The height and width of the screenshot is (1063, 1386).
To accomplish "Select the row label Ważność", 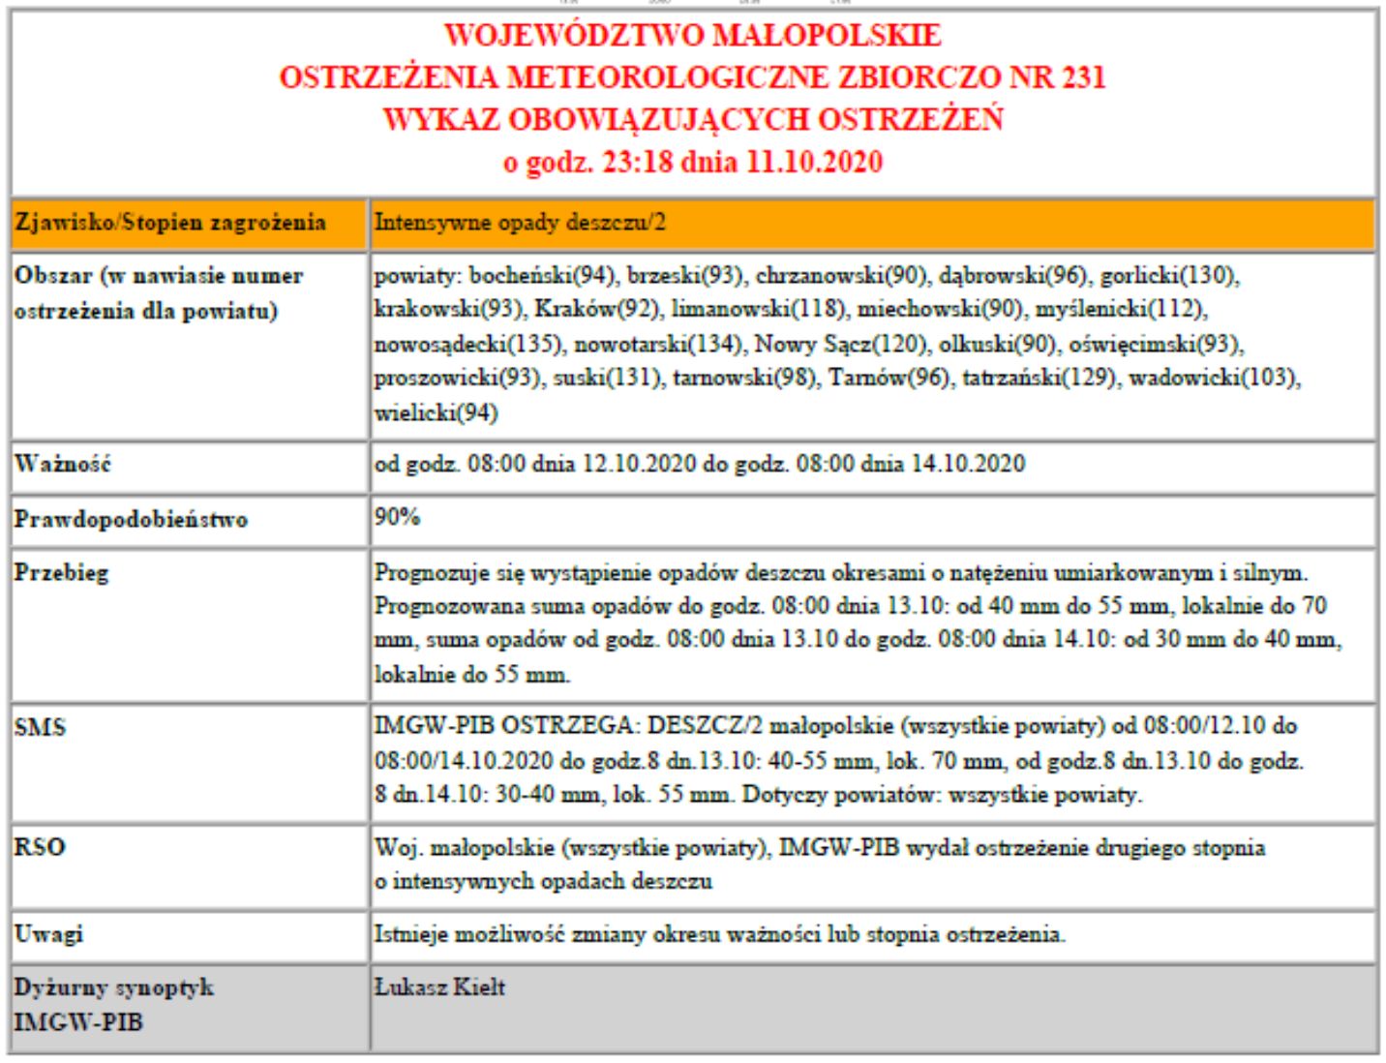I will point(63,464).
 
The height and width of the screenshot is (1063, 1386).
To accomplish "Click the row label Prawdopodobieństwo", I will point(131,520).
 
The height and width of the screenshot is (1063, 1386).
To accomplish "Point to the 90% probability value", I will point(397,517).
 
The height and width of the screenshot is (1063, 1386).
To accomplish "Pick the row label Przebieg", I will point(61,572).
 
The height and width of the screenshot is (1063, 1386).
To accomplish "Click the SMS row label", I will point(40,727).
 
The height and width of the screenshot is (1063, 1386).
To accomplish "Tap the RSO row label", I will point(40,847).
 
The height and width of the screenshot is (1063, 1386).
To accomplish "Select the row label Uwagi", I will point(48,934).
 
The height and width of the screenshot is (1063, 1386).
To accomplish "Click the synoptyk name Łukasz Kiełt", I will point(439,987).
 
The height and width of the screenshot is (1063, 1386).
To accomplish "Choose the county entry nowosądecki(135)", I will point(469,344).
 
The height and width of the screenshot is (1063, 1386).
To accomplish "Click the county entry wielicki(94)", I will point(436,412).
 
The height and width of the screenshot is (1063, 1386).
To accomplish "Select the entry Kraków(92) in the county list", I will point(596,310).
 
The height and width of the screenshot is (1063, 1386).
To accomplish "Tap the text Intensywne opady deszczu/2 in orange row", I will point(520,223).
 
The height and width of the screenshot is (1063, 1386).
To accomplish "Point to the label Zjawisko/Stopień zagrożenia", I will point(170,223).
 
